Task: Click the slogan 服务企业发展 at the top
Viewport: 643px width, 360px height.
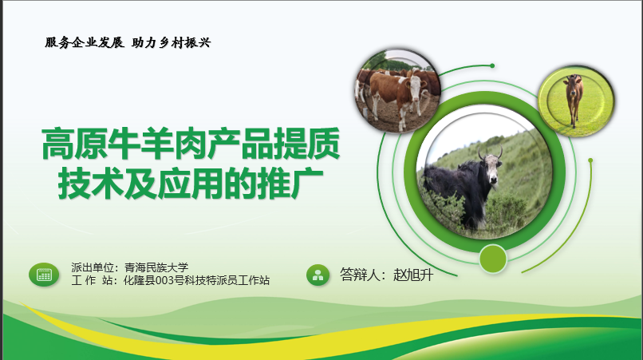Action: pyautogui.click(x=85, y=42)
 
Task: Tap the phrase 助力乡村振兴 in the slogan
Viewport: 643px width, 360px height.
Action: pyautogui.click(x=171, y=42)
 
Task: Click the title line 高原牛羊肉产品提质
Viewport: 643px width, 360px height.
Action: pyautogui.click(x=191, y=144)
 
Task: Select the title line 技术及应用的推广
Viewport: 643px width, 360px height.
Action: pyautogui.click(x=191, y=183)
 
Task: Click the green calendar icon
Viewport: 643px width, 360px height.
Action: pyautogui.click(x=44, y=275)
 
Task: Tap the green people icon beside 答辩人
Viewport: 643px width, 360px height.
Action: pyautogui.click(x=318, y=275)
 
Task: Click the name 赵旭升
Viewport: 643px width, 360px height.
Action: pyautogui.click(x=413, y=275)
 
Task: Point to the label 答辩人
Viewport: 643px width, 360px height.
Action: pyautogui.click(x=360, y=275)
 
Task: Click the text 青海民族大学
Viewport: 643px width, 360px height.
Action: pyautogui.click(x=156, y=267)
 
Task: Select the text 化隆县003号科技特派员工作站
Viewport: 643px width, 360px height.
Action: pyautogui.click(x=196, y=280)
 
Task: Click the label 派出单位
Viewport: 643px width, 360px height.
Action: pyautogui.click(x=93, y=267)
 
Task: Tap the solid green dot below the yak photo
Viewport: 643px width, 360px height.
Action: pyautogui.click(x=493, y=259)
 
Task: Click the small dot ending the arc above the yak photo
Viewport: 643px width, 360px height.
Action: pyautogui.click(x=492, y=65)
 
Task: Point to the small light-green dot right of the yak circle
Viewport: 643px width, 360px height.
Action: pyautogui.click(x=590, y=160)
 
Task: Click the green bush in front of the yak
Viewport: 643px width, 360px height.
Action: pyautogui.click(x=504, y=209)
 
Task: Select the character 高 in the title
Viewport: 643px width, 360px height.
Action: pyautogui.click(x=57, y=144)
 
